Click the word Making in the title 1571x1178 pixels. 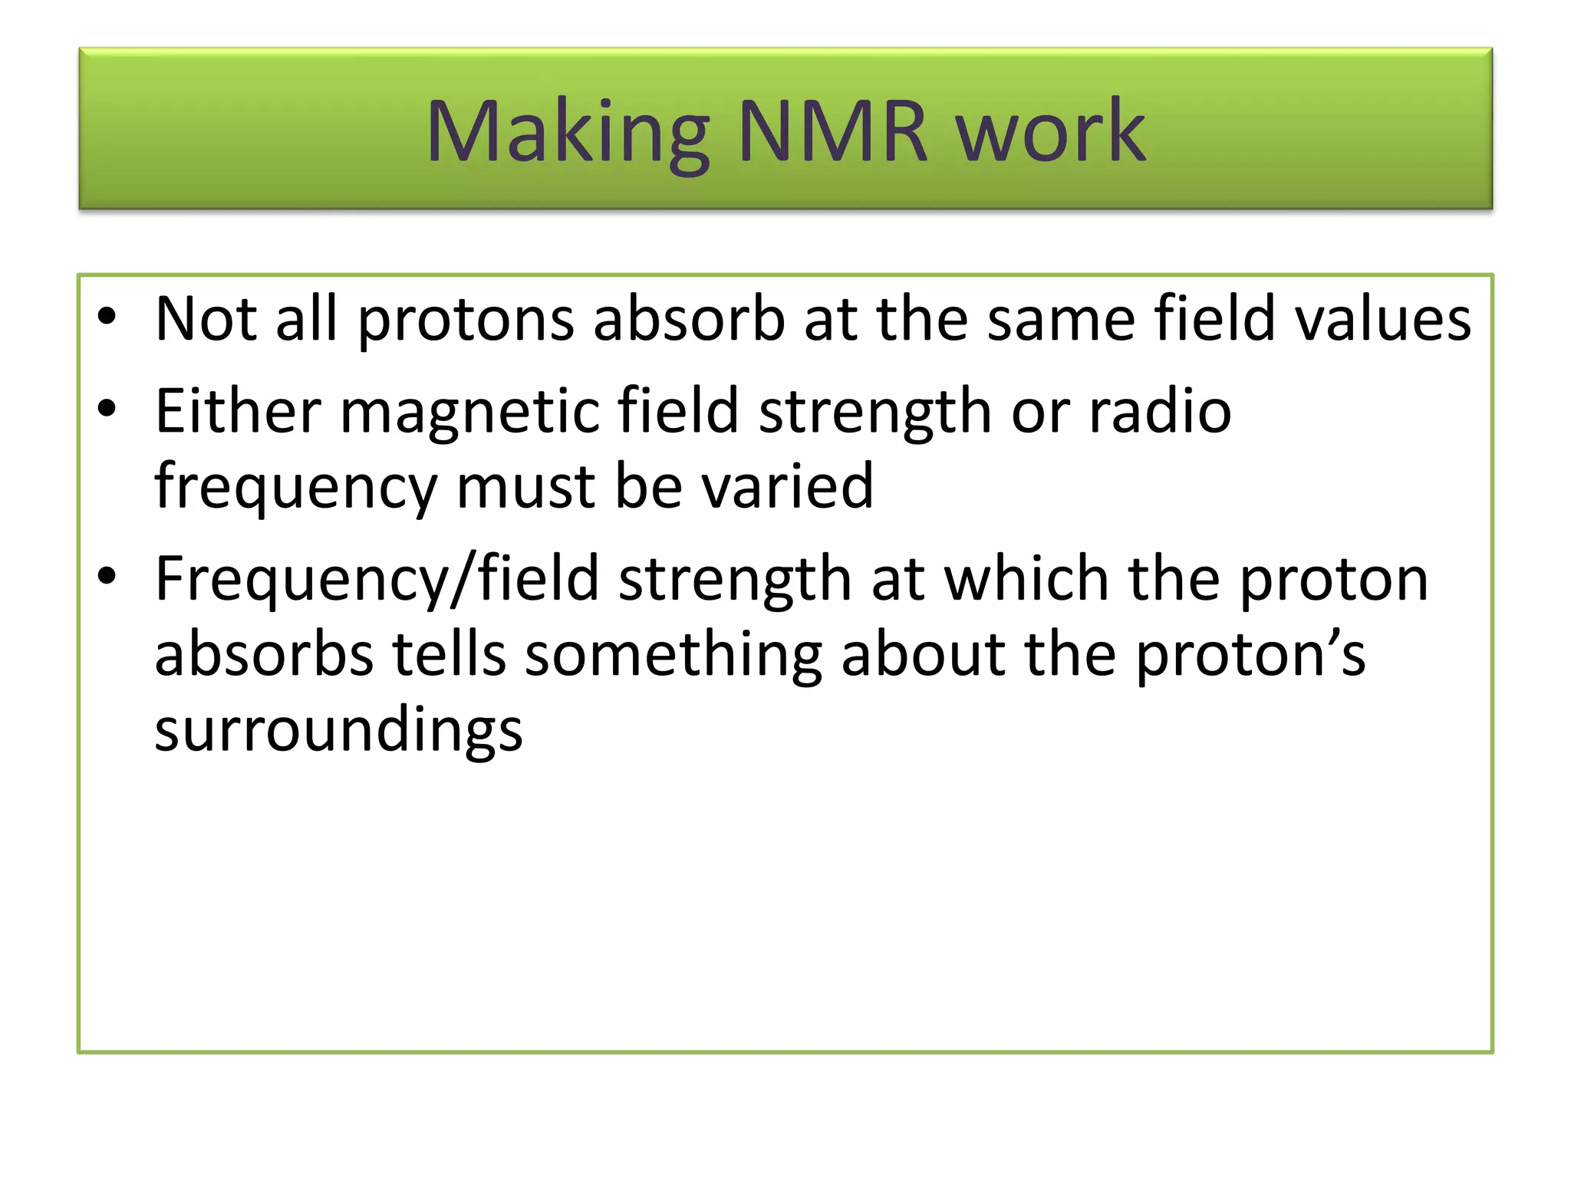click(568, 132)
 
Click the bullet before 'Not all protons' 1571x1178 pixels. click(107, 316)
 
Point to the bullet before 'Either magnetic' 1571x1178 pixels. click(107, 409)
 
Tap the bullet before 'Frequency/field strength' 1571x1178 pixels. click(107, 576)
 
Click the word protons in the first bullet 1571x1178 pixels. click(466, 319)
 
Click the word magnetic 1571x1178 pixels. click(469, 413)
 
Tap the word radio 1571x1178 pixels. click(1160, 411)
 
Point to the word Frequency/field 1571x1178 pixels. click(377, 579)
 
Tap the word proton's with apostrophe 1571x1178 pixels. click(1250, 655)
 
